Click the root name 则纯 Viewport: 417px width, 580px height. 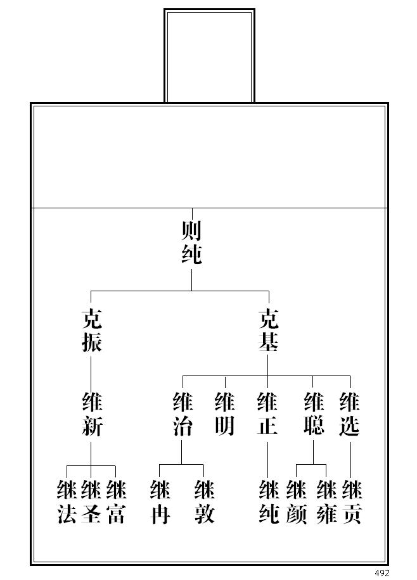point(191,242)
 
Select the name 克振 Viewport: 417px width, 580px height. point(91,331)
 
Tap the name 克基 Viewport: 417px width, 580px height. point(268,331)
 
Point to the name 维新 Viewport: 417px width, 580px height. point(91,414)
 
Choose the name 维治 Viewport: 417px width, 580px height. point(183,414)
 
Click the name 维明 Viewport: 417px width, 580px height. point(225,414)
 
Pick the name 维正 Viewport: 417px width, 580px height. point(267,414)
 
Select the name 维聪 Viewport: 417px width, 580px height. point(314,414)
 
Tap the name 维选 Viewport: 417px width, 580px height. point(350,414)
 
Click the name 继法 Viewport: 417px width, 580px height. point(67,502)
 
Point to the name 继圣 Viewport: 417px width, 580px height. point(91,502)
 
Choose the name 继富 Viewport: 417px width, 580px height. point(116,502)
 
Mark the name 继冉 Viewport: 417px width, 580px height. point(160,502)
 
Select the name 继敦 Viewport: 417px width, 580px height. point(204,502)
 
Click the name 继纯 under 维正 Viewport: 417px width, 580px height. point(269,502)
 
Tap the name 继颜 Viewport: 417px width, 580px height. point(296,502)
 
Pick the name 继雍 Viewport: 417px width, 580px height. point(326,502)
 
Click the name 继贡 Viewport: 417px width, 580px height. point(352,502)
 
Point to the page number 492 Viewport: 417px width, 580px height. point(382,573)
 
